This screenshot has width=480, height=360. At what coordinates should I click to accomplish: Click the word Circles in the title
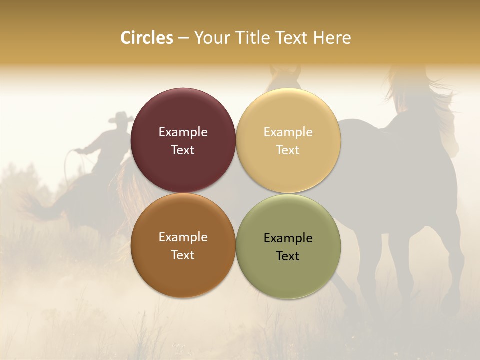click(x=146, y=38)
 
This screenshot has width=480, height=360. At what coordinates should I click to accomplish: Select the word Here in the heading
click(x=332, y=38)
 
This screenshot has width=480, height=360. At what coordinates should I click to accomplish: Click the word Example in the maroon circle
click(x=183, y=132)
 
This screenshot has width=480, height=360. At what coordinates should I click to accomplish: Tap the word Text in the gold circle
click(x=288, y=150)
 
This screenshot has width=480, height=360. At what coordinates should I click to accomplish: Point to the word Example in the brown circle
click(x=183, y=237)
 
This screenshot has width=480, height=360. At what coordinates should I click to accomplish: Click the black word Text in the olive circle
click(x=288, y=256)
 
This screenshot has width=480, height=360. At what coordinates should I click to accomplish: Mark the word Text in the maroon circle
click(x=183, y=150)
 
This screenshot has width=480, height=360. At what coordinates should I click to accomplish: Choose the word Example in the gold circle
click(x=288, y=132)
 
